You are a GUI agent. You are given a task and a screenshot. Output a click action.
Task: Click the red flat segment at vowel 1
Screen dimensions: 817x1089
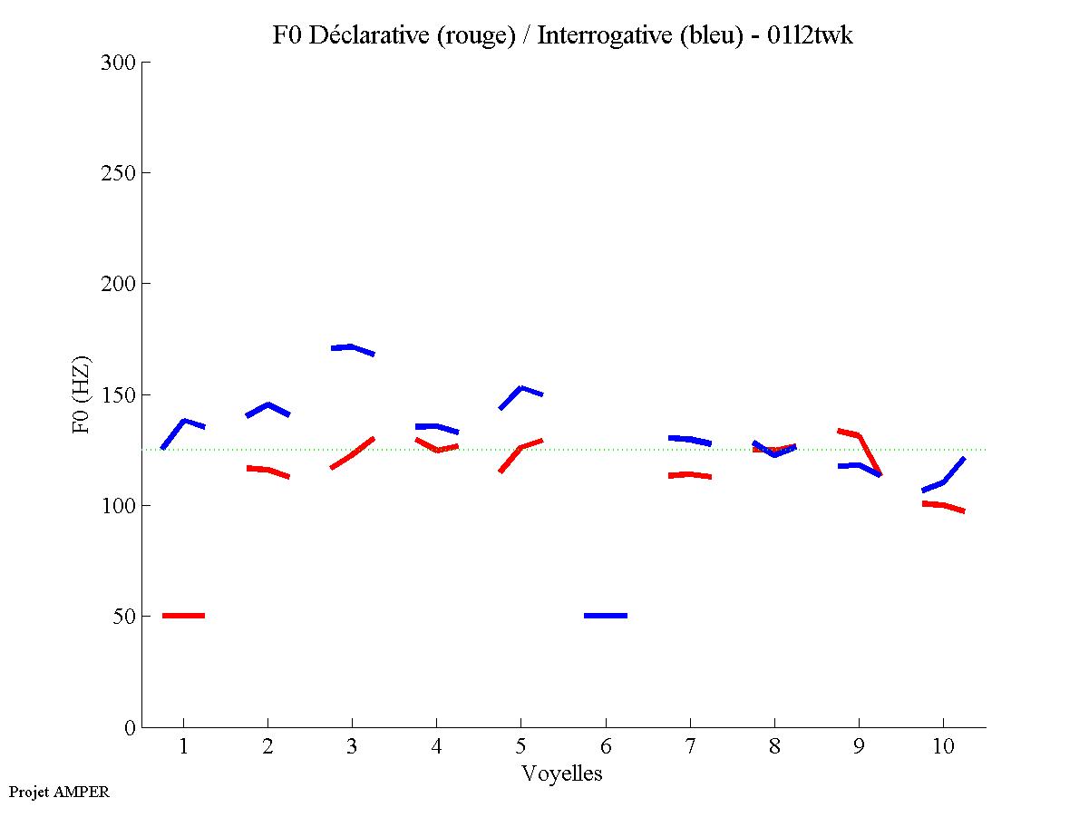click(183, 616)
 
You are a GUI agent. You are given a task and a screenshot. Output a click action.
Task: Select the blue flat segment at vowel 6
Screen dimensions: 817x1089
click(606, 616)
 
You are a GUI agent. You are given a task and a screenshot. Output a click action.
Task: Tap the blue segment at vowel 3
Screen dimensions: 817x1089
click(352, 347)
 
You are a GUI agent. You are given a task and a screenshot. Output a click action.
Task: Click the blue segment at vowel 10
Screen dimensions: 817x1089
click(943, 481)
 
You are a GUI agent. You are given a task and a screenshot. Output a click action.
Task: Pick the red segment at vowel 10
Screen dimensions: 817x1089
click(943, 505)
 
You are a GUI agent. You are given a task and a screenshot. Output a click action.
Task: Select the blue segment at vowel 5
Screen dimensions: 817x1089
click(520, 389)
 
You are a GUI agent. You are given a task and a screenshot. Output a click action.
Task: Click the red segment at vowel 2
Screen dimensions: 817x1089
click(267, 470)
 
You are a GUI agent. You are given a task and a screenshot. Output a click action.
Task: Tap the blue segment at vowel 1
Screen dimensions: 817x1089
click(184, 422)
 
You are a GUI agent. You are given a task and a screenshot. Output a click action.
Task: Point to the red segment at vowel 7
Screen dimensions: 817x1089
click(690, 474)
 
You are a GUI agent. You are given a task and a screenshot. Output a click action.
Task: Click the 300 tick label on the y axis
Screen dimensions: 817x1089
click(119, 63)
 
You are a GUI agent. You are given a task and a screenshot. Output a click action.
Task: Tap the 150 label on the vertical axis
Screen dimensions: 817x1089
click(119, 395)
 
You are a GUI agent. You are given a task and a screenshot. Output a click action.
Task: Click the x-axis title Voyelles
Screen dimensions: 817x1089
click(562, 773)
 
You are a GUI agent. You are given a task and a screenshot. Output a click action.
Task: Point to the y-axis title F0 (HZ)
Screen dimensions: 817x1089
click(83, 394)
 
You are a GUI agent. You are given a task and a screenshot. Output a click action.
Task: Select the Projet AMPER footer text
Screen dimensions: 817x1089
click(59, 792)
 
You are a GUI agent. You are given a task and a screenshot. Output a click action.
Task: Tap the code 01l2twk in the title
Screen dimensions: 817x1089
click(808, 36)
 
